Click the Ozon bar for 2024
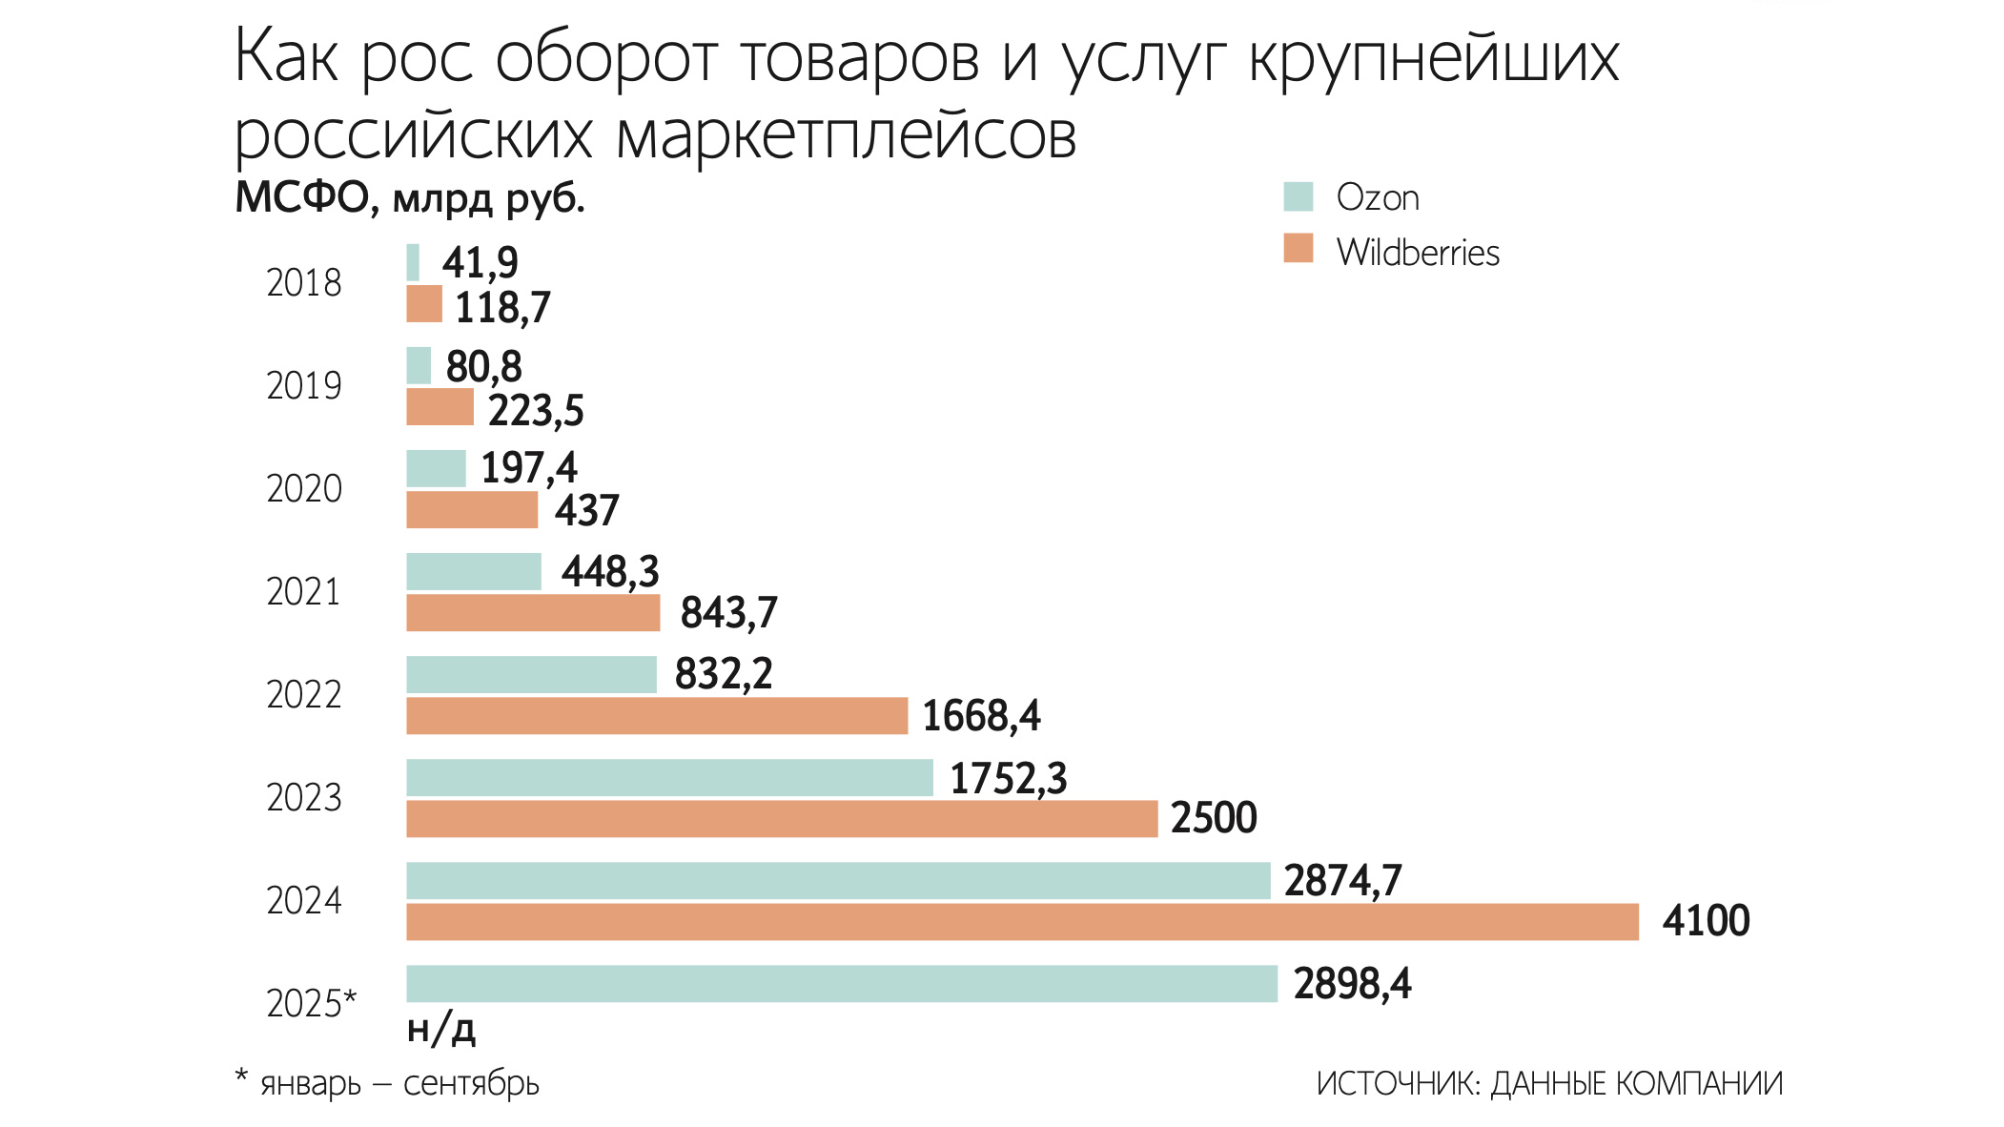point(838,880)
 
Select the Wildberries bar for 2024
point(1022,922)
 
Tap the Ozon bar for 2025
point(842,983)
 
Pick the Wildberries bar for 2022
point(657,716)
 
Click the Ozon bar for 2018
point(413,262)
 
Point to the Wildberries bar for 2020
point(472,509)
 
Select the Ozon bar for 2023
point(669,777)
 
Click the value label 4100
point(1706,921)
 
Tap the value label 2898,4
point(1352,984)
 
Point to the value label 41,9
point(480,262)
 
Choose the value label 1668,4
point(981,716)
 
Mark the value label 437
point(587,510)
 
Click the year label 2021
point(303,592)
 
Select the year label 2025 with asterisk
point(311,1003)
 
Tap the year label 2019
point(303,386)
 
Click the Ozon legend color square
point(1298,196)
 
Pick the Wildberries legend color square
point(1298,248)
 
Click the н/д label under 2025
point(440,1029)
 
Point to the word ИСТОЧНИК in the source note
point(1397,1084)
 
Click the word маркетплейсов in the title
point(847,136)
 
